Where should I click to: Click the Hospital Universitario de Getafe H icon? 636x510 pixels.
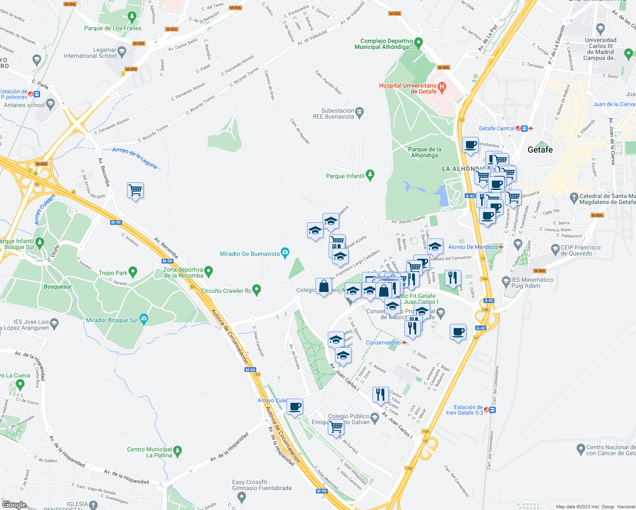[x=442, y=88]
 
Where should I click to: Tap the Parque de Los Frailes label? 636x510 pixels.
[x=113, y=28]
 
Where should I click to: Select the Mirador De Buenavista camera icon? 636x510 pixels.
[x=285, y=253]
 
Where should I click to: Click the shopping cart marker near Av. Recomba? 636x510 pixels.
[x=135, y=190]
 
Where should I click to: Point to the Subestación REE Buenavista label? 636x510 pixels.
[x=333, y=113]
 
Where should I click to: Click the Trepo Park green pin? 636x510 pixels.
[x=133, y=272]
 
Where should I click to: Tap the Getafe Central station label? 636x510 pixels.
[x=497, y=128]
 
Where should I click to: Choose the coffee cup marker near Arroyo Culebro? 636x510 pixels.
[x=295, y=406]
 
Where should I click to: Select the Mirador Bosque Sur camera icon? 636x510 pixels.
[x=144, y=319]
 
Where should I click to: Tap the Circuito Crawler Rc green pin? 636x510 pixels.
[x=256, y=290]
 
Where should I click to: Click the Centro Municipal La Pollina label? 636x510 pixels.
[x=150, y=452]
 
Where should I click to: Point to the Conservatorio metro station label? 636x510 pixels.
[x=383, y=343]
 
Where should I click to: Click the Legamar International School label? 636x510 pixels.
[x=90, y=53]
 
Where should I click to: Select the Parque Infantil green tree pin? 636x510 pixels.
[x=370, y=175]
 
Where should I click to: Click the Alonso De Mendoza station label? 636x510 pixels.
[x=472, y=247]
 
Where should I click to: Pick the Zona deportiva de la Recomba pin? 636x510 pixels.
[x=208, y=271]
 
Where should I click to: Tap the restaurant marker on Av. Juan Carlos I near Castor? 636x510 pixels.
[x=380, y=394]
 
